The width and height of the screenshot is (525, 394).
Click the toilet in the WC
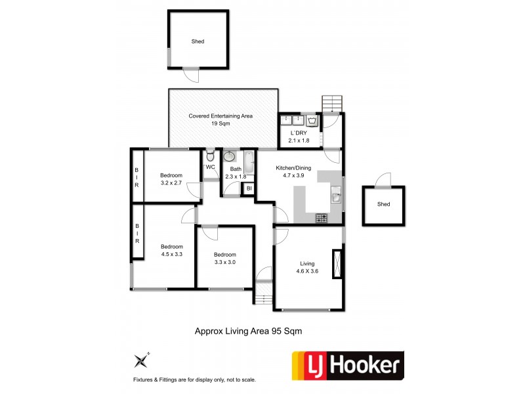[209, 156]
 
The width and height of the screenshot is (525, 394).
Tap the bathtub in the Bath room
[249, 162]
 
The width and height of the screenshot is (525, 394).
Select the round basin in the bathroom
[230, 157]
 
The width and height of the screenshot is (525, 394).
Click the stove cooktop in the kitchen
[321, 218]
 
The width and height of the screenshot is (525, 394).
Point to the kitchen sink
[336, 194]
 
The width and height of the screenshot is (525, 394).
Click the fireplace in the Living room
[338, 265]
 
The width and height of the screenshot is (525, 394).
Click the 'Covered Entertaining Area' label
[220, 116]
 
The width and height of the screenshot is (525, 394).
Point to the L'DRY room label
[299, 133]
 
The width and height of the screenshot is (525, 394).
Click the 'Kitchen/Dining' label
[293, 168]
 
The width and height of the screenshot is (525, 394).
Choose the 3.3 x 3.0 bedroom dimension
[224, 262]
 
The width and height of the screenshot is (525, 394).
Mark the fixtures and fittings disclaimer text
[194, 380]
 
